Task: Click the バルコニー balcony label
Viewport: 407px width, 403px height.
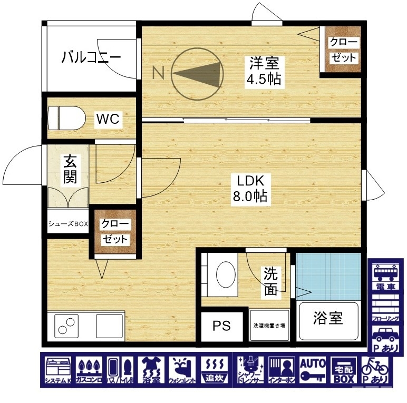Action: click(91, 56)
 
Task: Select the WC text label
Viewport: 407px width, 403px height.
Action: click(108, 119)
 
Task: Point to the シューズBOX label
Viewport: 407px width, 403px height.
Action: click(68, 224)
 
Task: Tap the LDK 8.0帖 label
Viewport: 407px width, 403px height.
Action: click(253, 189)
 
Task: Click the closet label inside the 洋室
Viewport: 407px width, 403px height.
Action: click(343, 50)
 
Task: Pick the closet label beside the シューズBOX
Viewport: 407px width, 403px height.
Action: click(115, 231)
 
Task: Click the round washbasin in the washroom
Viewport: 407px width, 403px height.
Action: click(226, 273)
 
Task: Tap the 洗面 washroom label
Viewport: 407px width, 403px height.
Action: click(270, 281)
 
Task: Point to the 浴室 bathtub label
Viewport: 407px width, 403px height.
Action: click(328, 318)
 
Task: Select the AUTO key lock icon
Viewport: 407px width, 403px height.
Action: click(313, 371)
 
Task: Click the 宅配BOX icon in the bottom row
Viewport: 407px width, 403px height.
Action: click(343, 371)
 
